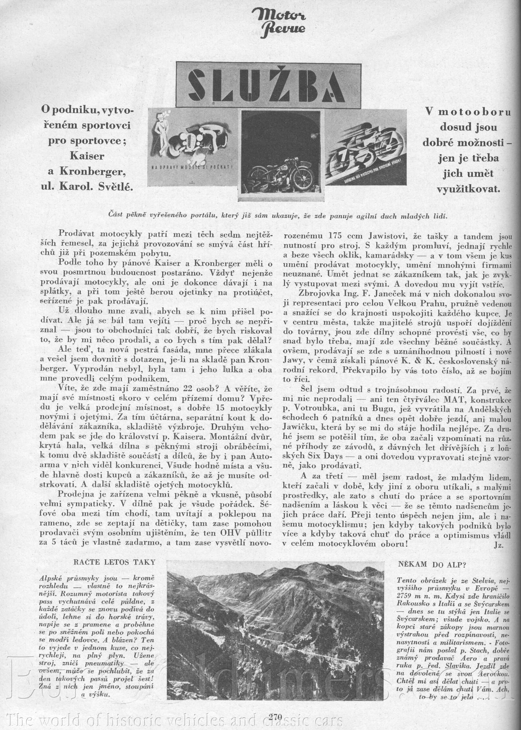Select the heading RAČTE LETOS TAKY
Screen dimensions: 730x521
(114, 562)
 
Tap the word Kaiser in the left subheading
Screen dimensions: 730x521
(87, 156)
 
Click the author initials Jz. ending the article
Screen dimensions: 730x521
(498, 545)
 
